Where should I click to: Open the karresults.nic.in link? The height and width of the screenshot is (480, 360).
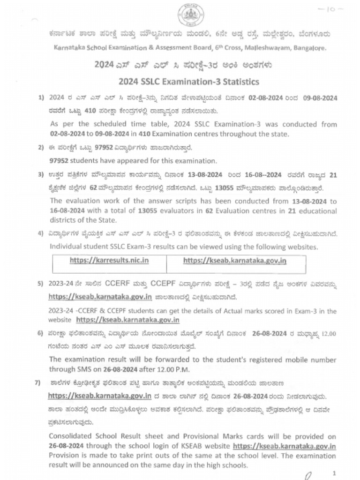[109, 260]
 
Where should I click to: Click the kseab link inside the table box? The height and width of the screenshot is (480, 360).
[234, 260]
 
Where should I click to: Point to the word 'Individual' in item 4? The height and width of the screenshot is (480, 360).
[66, 247]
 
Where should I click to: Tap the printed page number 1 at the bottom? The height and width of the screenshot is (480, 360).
[333, 473]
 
